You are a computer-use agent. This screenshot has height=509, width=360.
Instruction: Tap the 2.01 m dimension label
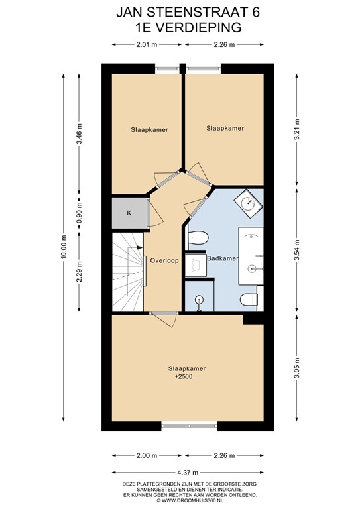tap(147, 45)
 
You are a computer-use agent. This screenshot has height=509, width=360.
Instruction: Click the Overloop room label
tap(164, 260)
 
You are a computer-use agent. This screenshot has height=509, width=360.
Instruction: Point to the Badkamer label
tap(223, 258)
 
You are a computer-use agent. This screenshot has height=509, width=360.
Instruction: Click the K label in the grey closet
tap(129, 213)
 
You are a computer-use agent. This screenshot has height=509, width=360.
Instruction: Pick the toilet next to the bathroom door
tap(198, 237)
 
